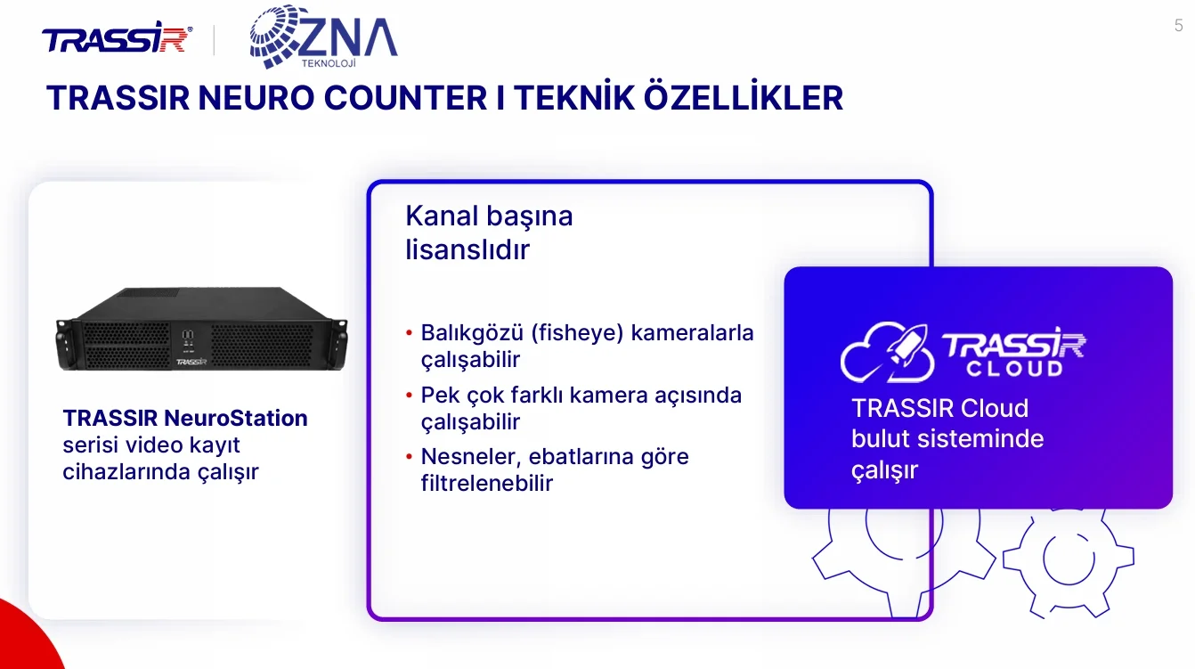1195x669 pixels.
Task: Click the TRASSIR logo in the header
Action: click(117, 37)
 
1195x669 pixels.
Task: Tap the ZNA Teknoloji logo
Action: click(323, 37)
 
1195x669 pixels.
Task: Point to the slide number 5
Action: click(1178, 26)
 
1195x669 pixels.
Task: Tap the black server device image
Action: click(201, 329)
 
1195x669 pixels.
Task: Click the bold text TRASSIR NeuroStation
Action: click(185, 419)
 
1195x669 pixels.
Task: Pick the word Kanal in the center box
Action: click(441, 216)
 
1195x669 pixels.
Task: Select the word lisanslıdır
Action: click(467, 249)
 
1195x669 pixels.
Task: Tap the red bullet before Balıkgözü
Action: click(410, 333)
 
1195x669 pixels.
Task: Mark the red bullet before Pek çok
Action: click(410, 396)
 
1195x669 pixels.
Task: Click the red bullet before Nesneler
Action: click(410, 457)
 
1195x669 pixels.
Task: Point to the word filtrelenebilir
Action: click(486, 484)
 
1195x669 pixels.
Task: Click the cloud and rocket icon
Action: click(887, 352)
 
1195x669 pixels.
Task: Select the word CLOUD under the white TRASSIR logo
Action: click(1015, 369)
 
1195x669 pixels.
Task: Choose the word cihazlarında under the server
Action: click(126, 472)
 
